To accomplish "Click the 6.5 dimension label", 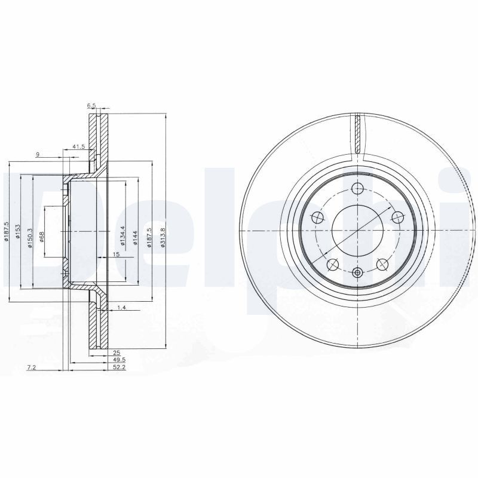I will point(91,106).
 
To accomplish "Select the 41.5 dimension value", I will point(78,146).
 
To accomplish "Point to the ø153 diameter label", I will point(19,232).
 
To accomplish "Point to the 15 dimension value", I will point(117,255).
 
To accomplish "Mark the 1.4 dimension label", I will point(121,307).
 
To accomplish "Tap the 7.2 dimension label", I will point(32,368).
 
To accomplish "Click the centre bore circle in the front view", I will point(358,231).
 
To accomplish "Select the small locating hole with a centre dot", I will point(358,273).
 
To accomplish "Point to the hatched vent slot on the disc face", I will point(357,133).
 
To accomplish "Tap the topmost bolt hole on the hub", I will point(358,189).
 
